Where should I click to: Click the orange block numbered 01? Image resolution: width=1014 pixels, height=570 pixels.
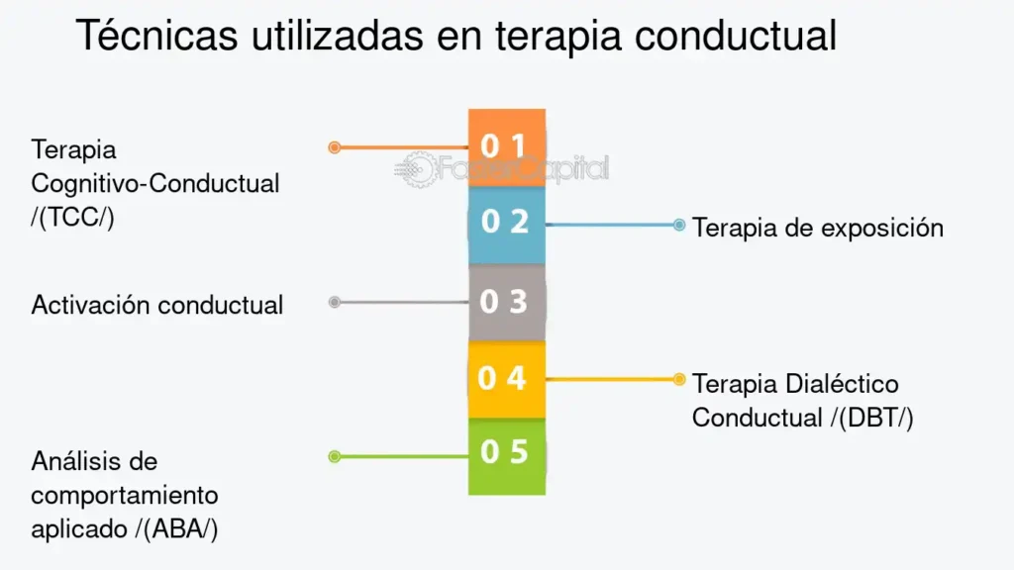[507, 148]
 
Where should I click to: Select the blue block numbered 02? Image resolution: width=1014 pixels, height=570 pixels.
[507, 226]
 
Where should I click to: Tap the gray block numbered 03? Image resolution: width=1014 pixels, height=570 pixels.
[507, 303]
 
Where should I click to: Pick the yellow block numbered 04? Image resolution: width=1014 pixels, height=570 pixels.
[507, 379]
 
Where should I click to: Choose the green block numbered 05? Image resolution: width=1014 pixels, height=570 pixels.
[507, 457]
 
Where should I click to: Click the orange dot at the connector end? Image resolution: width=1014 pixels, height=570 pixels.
[335, 148]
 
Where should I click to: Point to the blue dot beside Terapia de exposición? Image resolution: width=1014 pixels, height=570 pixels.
[679, 225]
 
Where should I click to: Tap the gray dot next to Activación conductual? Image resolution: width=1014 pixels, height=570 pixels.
[335, 302]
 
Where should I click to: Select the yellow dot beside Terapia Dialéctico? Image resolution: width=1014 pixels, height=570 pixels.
[679, 379]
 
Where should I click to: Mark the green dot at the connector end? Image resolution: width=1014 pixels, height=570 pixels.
[335, 457]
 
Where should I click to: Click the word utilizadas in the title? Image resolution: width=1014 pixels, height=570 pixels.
[337, 35]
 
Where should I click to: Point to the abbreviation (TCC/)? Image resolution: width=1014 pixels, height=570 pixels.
[72, 218]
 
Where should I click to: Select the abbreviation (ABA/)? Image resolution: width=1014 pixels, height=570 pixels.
[176, 529]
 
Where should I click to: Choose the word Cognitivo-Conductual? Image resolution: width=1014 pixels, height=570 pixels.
[155, 184]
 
